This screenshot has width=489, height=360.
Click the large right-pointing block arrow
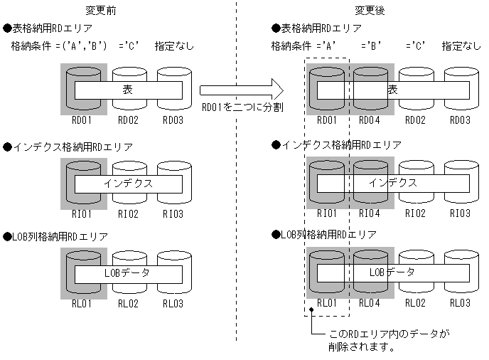point(242,90)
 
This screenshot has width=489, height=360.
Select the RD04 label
point(370,120)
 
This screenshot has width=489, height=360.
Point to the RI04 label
point(370,213)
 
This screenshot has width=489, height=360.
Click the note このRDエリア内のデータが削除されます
point(389,340)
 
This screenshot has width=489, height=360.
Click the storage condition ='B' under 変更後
point(372,46)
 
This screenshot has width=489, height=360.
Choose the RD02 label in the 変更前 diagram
point(129,120)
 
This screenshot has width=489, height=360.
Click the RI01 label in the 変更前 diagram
point(83,213)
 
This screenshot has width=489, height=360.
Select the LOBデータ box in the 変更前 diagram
point(128,272)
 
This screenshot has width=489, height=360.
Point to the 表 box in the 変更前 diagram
point(128,90)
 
